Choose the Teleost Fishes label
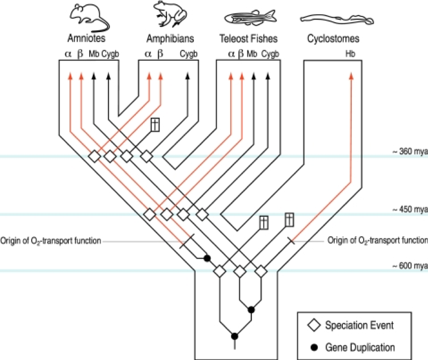click(248, 39)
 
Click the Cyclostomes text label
click(332, 39)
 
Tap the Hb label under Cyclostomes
click(350, 54)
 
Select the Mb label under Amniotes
click(94, 54)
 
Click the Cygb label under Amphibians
click(189, 54)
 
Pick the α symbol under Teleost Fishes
click(231, 54)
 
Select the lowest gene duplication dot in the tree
click(235, 336)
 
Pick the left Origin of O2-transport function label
click(51, 241)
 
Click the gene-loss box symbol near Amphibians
click(156, 125)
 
